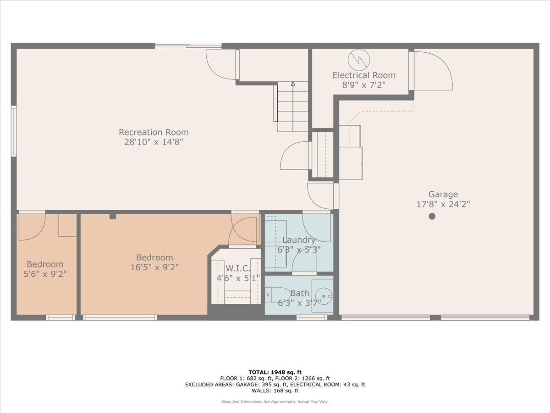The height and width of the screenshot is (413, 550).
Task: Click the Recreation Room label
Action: pos(154,132)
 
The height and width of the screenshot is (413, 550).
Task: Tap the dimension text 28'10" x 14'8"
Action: pos(154,142)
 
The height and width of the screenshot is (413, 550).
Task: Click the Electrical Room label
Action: pos(363,75)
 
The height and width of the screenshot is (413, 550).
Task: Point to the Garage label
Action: pos(443,194)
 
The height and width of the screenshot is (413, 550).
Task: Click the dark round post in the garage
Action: pos(432,216)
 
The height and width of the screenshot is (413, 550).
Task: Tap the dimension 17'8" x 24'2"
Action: pos(443,204)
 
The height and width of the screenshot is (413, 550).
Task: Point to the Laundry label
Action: pos(298,240)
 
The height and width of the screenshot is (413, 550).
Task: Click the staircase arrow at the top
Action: pos(293,84)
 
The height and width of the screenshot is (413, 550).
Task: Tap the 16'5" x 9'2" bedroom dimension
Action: pos(154,267)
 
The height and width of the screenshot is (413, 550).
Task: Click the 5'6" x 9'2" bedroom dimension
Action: pos(45,274)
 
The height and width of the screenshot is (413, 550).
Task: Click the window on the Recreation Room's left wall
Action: pos(14,131)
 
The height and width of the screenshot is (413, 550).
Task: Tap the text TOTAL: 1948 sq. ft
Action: pos(275,372)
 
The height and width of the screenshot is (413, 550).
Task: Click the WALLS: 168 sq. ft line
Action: pos(275,391)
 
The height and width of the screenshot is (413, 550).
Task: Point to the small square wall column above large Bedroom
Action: pos(112,216)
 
